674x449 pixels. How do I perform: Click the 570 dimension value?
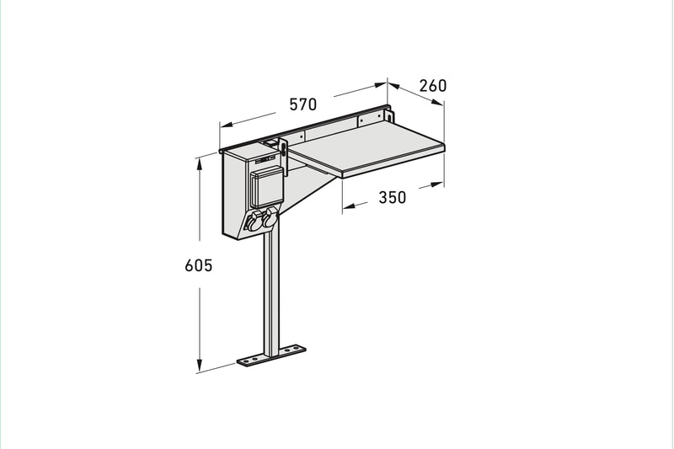(x=303, y=104)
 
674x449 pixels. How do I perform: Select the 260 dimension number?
(x=433, y=86)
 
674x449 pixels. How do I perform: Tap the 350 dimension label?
(x=392, y=197)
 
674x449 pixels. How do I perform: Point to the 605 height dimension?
(x=199, y=265)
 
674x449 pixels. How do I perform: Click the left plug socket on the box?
(x=254, y=222)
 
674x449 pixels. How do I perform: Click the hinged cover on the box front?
(x=267, y=187)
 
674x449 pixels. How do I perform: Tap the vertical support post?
(x=271, y=292)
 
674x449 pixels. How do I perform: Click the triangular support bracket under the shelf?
(x=308, y=191)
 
